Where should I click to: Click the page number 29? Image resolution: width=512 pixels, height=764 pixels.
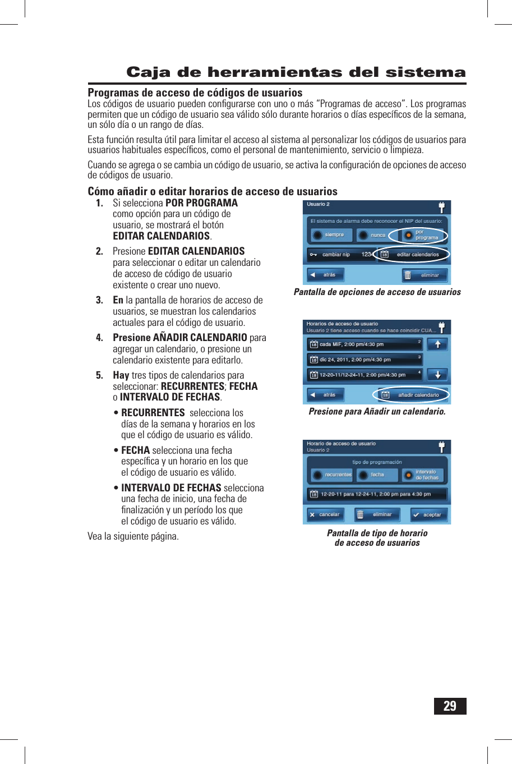[x=450, y=706]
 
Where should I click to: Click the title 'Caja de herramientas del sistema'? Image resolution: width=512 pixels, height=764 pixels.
[x=296, y=72]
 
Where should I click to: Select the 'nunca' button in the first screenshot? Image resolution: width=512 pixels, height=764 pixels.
[x=373, y=235]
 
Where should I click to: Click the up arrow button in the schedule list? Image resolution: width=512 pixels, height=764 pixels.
[x=437, y=344]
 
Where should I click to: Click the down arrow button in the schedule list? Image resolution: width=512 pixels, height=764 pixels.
[x=437, y=374]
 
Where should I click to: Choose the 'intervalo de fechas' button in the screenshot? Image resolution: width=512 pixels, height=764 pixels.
[x=423, y=475]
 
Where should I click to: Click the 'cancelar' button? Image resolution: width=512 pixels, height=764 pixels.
[x=325, y=514]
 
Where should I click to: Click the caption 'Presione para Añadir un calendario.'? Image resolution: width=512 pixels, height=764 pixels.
[x=377, y=412]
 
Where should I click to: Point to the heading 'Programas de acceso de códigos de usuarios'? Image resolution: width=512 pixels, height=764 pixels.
[x=195, y=93]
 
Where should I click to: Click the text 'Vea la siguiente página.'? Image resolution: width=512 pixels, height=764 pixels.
[x=133, y=536]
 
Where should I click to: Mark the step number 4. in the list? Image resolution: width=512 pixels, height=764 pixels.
[x=99, y=338]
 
